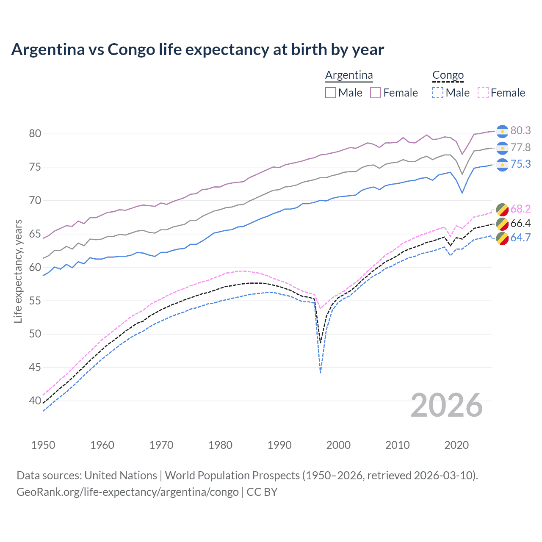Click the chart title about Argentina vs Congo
pyautogui.click(x=197, y=50)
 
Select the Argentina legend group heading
pyautogui.click(x=349, y=75)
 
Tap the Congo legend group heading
pyautogui.click(x=448, y=75)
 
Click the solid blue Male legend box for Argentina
pyautogui.click(x=331, y=93)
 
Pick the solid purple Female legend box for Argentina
pyautogui.click(x=376, y=93)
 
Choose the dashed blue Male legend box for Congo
pyautogui.click(x=438, y=93)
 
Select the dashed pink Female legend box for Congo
pyautogui.click(x=483, y=93)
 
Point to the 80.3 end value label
pyautogui.click(x=520, y=131)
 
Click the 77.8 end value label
pyautogui.click(x=520, y=148)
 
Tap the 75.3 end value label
pyautogui.click(x=520, y=164)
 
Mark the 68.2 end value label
pyautogui.click(x=520, y=209)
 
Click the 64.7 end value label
pyautogui.click(x=520, y=238)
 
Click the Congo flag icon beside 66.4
pyautogui.click(x=502, y=224)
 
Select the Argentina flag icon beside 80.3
pyautogui.click(x=502, y=131)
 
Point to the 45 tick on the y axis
pyautogui.click(x=35, y=368)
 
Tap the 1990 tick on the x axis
pyautogui.click(x=279, y=445)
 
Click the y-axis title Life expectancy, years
pyautogui.click(x=18, y=271)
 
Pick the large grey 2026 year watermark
pyautogui.click(x=447, y=405)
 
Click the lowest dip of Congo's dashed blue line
pyautogui.click(x=321, y=373)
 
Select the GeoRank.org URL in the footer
pyautogui.click(x=127, y=492)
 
